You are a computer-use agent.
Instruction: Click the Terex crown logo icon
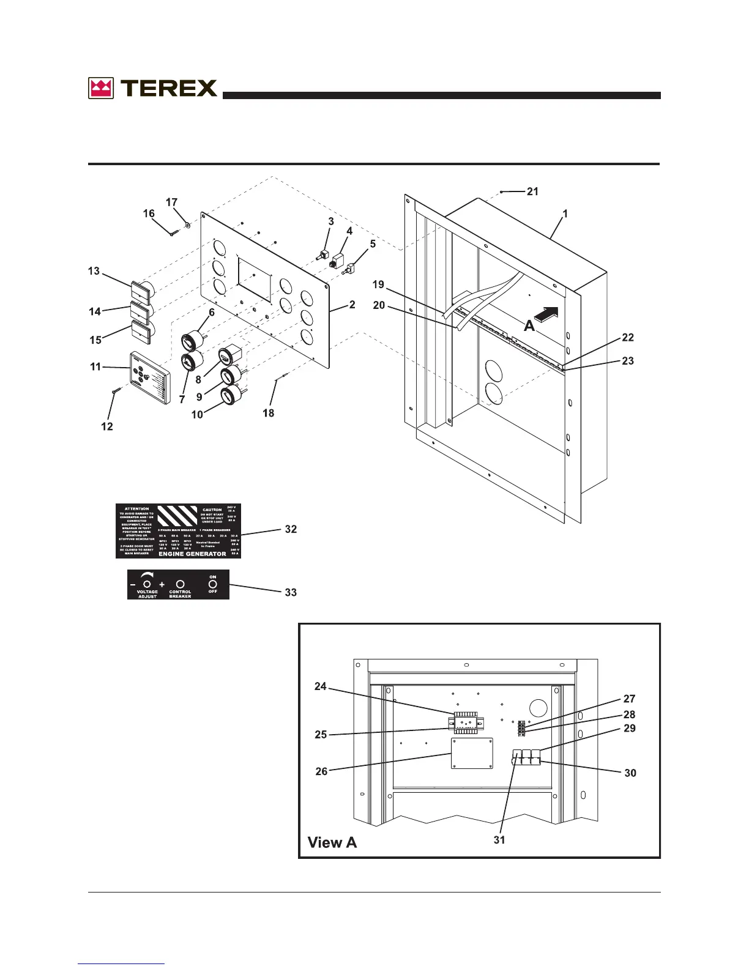pyautogui.click(x=101, y=88)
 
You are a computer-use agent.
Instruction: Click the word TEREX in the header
pyautogui.click(x=169, y=88)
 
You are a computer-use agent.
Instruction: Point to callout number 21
pyautogui.click(x=532, y=191)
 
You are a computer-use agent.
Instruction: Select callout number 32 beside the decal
pyautogui.click(x=291, y=529)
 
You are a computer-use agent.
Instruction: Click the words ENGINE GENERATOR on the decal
pyautogui.click(x=192, y=554)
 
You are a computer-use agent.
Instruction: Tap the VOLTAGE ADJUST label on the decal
pyautogui.click(x=147, y=593)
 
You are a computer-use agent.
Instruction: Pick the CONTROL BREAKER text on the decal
pyautogui.click(x=180, y=593)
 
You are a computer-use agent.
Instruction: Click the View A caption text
pyautogui.click(x=332, y=842)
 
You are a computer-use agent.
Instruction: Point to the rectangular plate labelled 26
pyautogui.click(x=472, y=753)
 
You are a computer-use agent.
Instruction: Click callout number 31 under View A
pyautogui.click(x=499, y=840)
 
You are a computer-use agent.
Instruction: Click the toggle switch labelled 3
pyautogui.click(x=324, y=255)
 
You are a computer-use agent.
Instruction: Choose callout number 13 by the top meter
pyautogui.click(x=94, y=270)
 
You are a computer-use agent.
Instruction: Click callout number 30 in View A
pyautogui.click(x=630, y=773)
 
